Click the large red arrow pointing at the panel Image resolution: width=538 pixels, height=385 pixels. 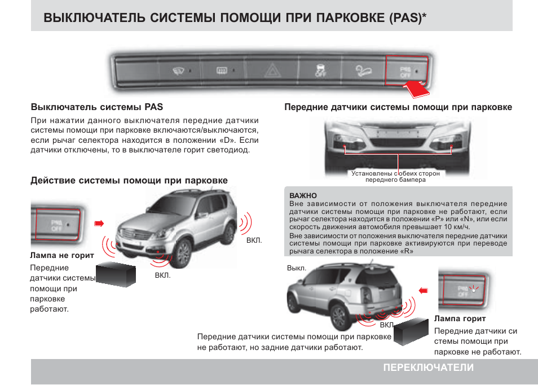417,88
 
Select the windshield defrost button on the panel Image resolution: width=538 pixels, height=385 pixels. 179,71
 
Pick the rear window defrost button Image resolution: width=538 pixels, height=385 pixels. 222,71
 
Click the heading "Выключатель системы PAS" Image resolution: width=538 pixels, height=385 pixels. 96,106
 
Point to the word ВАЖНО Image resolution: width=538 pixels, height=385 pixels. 303,195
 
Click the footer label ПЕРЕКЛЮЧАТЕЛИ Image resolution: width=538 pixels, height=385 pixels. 428,367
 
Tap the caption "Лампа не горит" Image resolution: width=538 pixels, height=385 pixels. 62,255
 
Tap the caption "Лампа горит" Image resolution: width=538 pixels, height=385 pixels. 460,319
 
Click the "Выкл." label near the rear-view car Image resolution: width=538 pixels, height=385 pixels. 297,268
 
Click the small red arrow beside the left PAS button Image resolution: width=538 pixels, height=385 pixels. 99,224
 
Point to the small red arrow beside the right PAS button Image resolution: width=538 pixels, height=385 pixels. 424,290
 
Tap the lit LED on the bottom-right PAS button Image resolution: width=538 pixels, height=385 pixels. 475,288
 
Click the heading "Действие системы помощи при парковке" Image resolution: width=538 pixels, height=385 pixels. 129,181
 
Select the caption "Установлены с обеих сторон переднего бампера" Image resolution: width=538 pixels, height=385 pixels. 395,177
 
